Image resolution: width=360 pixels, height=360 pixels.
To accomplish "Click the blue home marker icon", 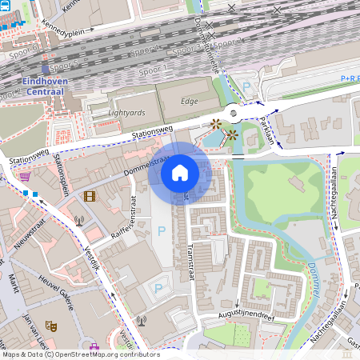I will [x=180, y=172].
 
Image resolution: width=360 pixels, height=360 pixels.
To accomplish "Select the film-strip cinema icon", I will [x=89, y=196].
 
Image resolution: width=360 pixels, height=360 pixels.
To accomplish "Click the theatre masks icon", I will [x=50, y=326].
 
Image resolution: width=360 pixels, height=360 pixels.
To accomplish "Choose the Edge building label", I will [x=189, y=101].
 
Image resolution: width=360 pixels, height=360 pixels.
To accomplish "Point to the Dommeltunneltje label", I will [x=206, y=48].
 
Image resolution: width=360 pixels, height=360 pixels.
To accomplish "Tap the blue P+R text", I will [x=350, y=78].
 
